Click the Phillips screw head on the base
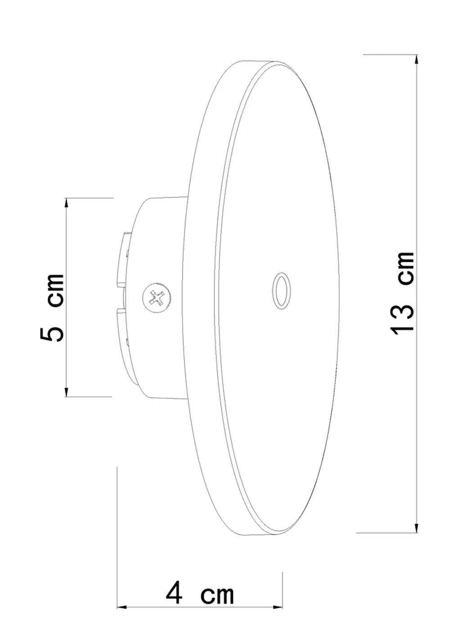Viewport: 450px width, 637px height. [157, 297]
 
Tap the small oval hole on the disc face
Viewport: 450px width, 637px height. [281, 291]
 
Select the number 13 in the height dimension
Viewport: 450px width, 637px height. [403, 318]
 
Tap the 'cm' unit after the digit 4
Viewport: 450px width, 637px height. [217, 595]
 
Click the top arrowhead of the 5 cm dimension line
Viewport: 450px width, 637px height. [67, 203]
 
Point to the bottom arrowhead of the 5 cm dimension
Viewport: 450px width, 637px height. [67, 391]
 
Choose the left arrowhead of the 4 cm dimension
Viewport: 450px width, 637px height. [123, 607]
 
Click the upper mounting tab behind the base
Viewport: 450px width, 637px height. [123, 259]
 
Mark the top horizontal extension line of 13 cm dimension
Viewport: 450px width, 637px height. [391, 55]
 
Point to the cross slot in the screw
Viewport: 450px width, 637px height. [157, 297]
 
